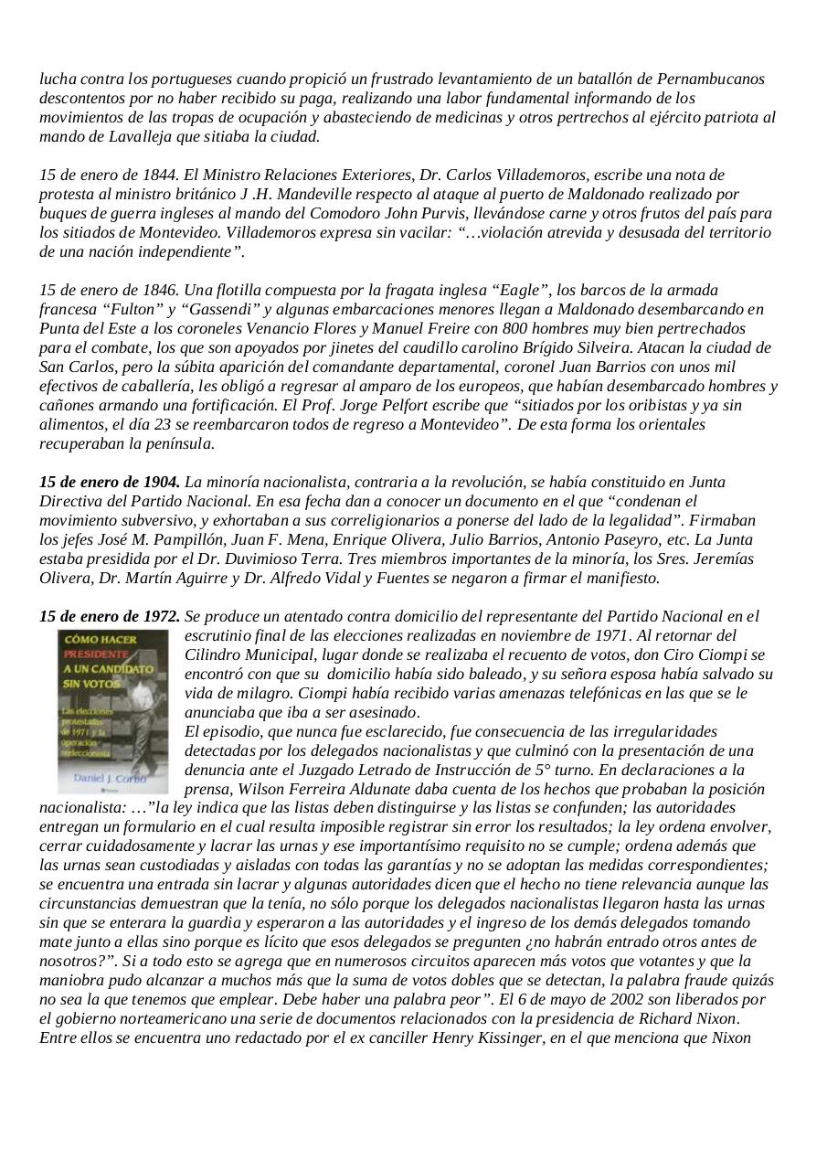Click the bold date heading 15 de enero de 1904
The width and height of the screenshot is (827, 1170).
tap(110, 482)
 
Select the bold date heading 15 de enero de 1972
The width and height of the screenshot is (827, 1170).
tap(110, 617)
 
